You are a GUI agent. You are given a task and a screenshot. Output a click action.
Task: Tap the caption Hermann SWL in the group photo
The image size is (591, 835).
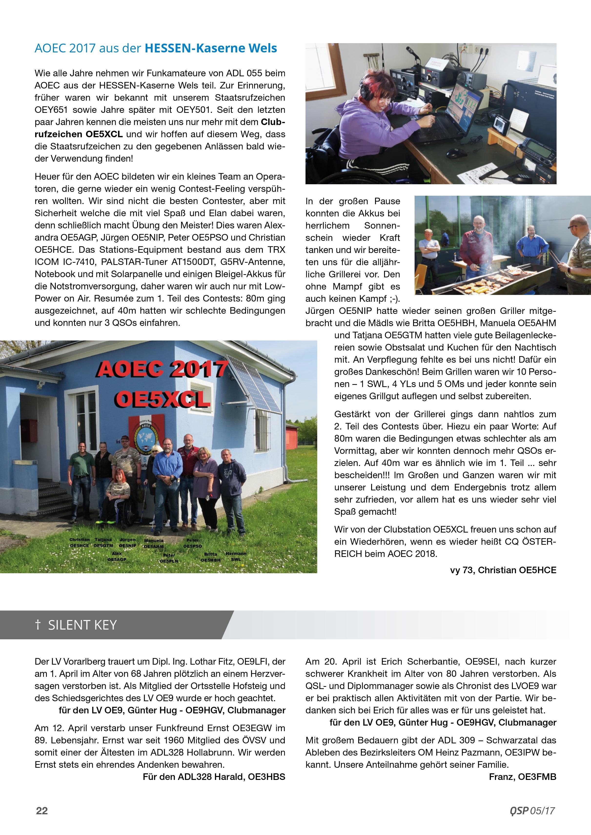[x=236, y=556]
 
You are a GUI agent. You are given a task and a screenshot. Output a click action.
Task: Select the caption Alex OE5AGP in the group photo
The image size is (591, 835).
[x=117, y=556]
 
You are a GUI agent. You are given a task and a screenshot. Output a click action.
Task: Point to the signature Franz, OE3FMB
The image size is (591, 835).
[x=522, y=777]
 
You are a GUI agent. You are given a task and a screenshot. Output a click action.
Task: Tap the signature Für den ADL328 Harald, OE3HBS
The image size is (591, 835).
[x=214, y=777]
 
